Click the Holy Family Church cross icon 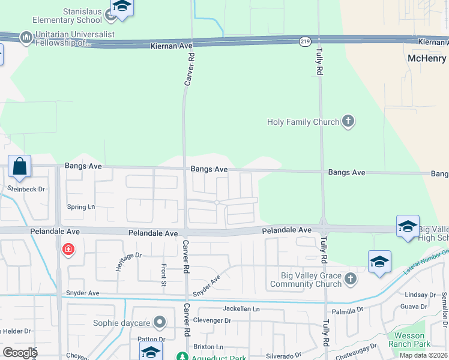tap(347, 122)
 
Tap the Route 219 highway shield tap(305, 41)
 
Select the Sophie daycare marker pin tap(159, 323)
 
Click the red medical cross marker tap(68, 248)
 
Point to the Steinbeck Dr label tap(26, 189)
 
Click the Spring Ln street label tap(81, 207)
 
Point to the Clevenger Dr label tap(212, 320)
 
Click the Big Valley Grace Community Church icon tap(351, 279)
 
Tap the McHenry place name tap(427, 58)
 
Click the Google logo tap(20, 353)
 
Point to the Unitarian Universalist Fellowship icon tap(26, 38)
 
